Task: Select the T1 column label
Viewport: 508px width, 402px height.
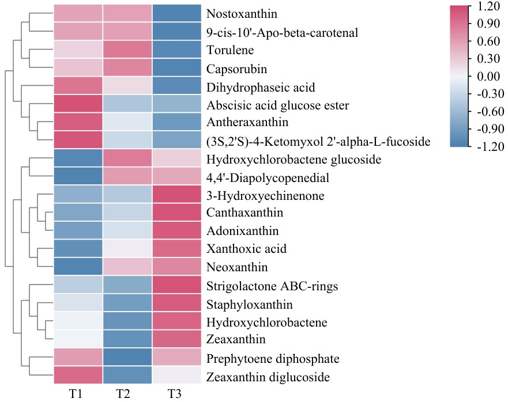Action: [x=77, y=394]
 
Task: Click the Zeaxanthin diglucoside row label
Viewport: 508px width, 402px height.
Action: [x=268, y=378]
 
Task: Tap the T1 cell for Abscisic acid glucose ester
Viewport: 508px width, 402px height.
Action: [x=78, y=105]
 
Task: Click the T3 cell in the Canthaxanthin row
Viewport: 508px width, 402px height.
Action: [x=178, y=213]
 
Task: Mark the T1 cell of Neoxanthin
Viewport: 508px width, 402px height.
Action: [x=78, y=267]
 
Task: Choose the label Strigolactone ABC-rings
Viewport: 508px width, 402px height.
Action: [x=272, y=286]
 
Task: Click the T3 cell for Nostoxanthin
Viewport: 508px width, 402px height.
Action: [x=178, y=14]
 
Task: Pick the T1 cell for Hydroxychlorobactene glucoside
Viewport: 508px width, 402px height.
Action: [x=78, y=159]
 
